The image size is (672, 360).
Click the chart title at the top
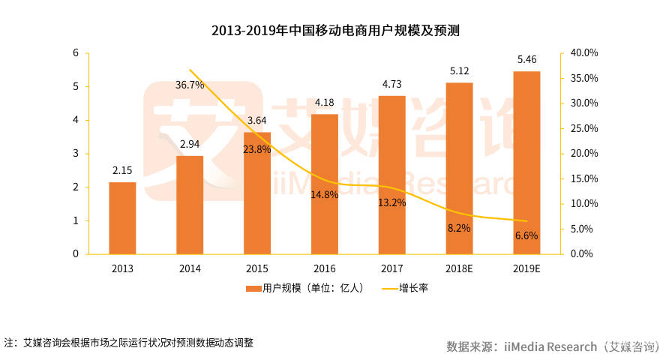pyautogui.click(x=335, y=31)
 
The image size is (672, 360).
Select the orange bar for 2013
pyautogui.click(x=122, y=217)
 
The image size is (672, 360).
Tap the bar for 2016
pyautogui.click(x=325, y=184)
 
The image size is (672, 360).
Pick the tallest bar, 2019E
pyautogui.click(x=527, y=162)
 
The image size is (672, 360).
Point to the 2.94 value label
pyautogui.click(x=190, y=144)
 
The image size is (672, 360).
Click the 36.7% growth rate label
pyautogui.click(x=190, y=85)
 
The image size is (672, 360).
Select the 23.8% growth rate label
pyautogui.click(x=257, y=149)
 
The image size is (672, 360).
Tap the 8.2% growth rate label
pyautogui.click(x=459, y=228)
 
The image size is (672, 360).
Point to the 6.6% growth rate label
pyautogui.click(x=526, y=235)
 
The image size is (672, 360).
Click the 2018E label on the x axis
pyautogui.click(x=460, y=268)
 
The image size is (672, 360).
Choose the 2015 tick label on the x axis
pyautogui.click(x=257, y=268)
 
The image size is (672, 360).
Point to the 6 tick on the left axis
pyautogui.click(x=76, y=52)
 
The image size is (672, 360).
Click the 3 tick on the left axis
pyautogui.click(x=76, y=154)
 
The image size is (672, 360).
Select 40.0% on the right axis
pyautogui.click(x=583, y=52)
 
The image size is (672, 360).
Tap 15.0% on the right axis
pyautogui.click(x=583, y=178)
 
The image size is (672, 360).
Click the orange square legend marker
pyautogui.click(x=248, y=288)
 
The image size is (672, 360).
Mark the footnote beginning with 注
pyautogui.click(x=128, y=343)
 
